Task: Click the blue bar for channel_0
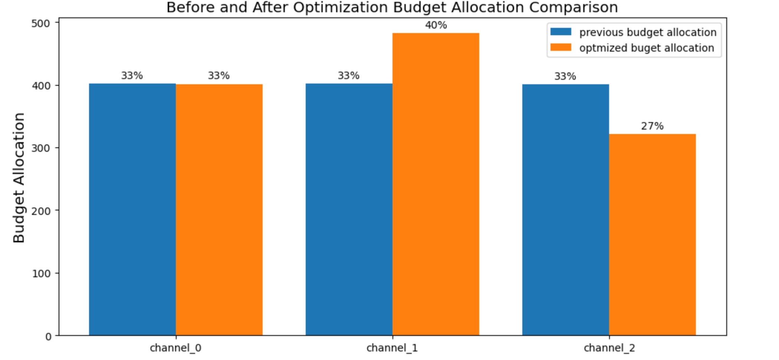(132, 210)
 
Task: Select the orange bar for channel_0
(219, 210)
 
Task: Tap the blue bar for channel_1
(349, 210)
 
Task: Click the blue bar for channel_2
(565, 210)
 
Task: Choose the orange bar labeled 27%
(652, 235)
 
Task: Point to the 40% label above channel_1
(436, 25)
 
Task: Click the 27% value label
(652, 126)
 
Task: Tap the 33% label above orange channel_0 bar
(219, 76)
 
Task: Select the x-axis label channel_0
(175, 348)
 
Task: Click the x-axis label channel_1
(392, 348)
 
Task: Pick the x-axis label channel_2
(609, 348)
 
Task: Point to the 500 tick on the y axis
(40, 23)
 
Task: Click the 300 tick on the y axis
(40, 148)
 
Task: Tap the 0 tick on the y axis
(48, 337)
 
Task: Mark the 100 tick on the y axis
(40, 274)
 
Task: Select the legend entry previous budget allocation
(647, 32)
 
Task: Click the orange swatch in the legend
(561, 48)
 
